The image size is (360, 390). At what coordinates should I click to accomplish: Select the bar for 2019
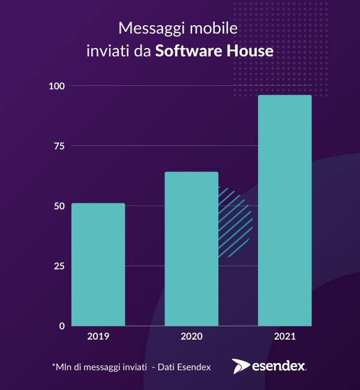[x=98, y=265]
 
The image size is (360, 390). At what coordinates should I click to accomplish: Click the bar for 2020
[x=191, y=249]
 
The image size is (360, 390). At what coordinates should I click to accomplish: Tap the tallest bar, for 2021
[x=284, y=210]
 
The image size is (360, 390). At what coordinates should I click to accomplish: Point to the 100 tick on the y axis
[x=56, y=86]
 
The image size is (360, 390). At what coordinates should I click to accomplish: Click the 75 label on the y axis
[x=58, y=146]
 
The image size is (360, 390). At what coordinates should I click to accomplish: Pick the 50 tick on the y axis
[x=58, y=206]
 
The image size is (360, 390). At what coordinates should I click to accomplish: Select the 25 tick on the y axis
[x=58, y=266]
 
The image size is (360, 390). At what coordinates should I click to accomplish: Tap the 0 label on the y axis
[x=61, y=326]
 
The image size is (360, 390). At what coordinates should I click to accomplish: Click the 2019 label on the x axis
[x=98, y=337]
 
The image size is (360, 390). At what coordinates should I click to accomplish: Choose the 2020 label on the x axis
[x=191, y=337]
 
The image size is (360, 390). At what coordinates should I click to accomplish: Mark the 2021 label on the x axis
[x=284, y=337]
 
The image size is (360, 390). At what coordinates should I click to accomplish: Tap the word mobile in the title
[x=210, y=29]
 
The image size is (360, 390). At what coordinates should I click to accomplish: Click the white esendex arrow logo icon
[x=241, y=366]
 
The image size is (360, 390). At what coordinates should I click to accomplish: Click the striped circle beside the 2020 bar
[x=236, y=222]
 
